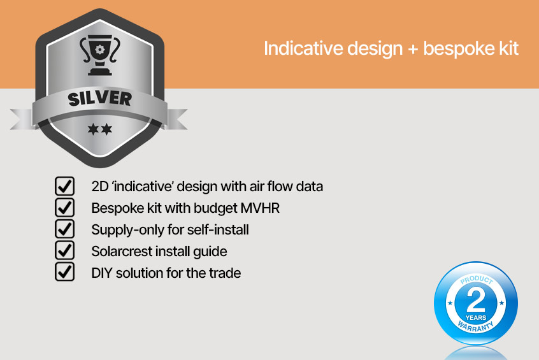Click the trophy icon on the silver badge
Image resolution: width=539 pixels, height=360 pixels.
[99, 55]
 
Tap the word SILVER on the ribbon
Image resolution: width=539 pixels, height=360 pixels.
[99, 99]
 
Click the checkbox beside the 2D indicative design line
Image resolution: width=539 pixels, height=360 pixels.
[64, 186]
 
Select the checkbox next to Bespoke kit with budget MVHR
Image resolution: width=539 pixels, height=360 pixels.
[64, 208]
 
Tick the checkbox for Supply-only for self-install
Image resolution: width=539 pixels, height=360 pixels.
[64, 229]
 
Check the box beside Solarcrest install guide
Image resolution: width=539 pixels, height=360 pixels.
[64, 251]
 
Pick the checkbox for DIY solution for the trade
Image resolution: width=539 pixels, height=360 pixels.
[64, 272]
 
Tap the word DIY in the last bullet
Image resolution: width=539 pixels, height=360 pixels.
[102, 273]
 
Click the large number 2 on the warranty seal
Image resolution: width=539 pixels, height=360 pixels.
[476, 300]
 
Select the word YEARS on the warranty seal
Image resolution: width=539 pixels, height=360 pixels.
[476, 317]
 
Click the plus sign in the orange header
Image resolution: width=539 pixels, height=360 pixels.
[413, 49]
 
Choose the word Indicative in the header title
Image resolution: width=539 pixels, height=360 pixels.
[303, 48]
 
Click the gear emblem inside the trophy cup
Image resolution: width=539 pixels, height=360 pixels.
[99, 50]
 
